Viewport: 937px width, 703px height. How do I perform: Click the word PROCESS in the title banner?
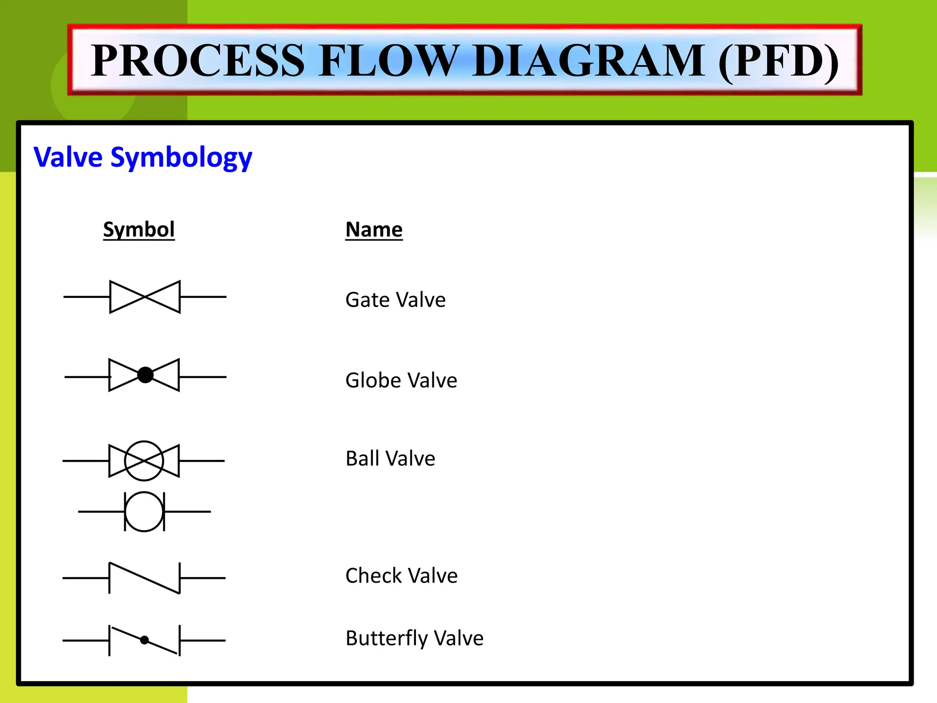point(198,60)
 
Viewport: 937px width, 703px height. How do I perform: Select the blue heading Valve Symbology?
point(143,157)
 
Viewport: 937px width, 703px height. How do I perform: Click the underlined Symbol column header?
point(139,229)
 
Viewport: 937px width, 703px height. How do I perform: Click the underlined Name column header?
point(374,229)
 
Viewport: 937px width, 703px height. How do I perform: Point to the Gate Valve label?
point(395,300)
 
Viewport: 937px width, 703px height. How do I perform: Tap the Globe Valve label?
point(401,380)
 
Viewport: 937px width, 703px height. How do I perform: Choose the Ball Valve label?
point(390,459)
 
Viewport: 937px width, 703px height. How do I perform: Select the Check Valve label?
point(401,576)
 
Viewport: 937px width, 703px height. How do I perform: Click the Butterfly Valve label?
point(415,638)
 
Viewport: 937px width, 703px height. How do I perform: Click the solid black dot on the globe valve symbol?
point(145,375)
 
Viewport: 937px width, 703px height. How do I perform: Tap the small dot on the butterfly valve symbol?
point(145,640)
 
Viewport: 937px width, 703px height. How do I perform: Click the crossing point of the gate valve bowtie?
point(145,297)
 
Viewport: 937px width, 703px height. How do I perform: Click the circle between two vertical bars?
point(144,512)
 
